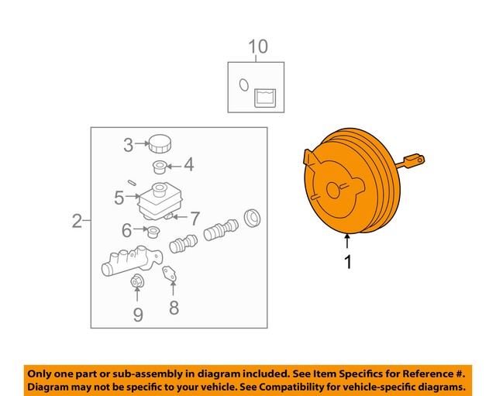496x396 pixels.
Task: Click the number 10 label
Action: point(257,46)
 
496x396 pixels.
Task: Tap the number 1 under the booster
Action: point(348,262)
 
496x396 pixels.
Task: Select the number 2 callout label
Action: point(77,222)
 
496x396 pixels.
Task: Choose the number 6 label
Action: point(195,218)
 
